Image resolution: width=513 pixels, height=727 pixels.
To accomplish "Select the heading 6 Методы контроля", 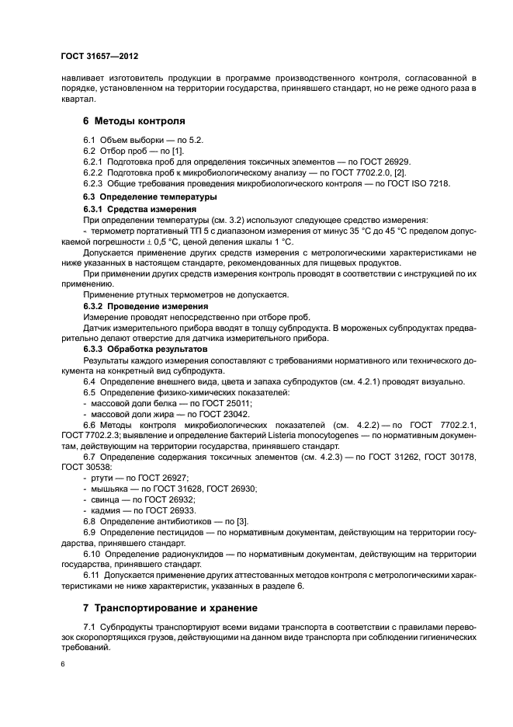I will click(133, 122).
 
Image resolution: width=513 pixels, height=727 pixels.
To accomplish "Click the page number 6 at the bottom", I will click(62, 664).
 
